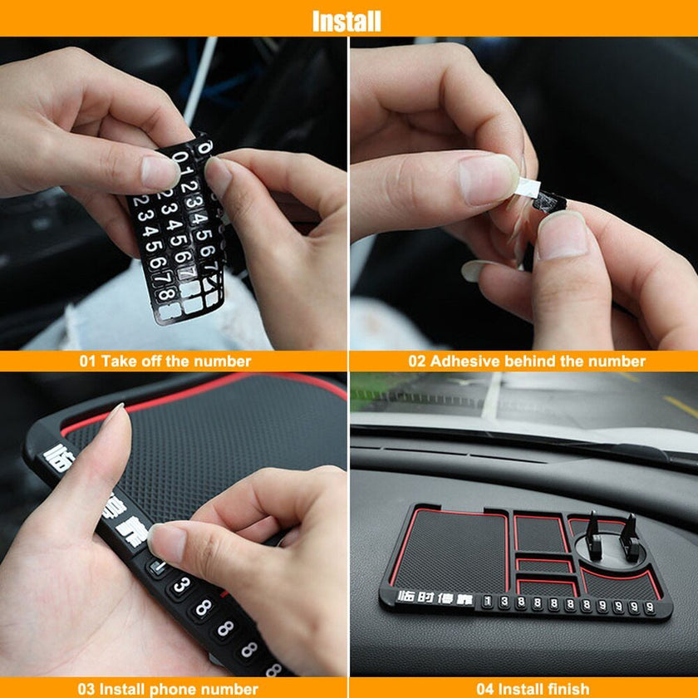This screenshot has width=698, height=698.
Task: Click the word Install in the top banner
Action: (x=347, y=20)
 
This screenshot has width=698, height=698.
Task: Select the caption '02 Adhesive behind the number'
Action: (x=526, y=361)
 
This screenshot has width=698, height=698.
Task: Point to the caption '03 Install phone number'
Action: (x=168, y=689)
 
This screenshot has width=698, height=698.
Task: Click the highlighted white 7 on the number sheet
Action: (x=187, y=273)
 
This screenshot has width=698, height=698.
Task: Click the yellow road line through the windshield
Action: (x=676, y=406)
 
